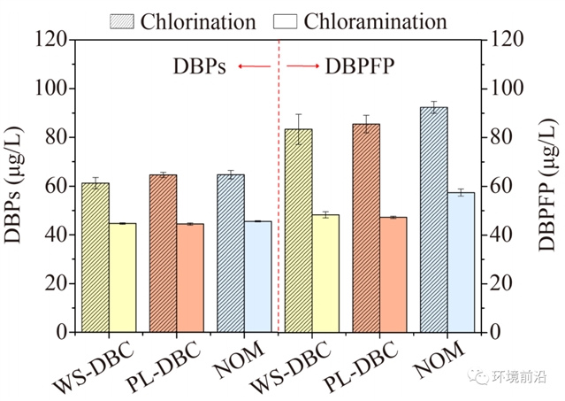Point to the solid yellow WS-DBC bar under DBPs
(123, 277)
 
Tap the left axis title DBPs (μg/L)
(18, 186)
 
